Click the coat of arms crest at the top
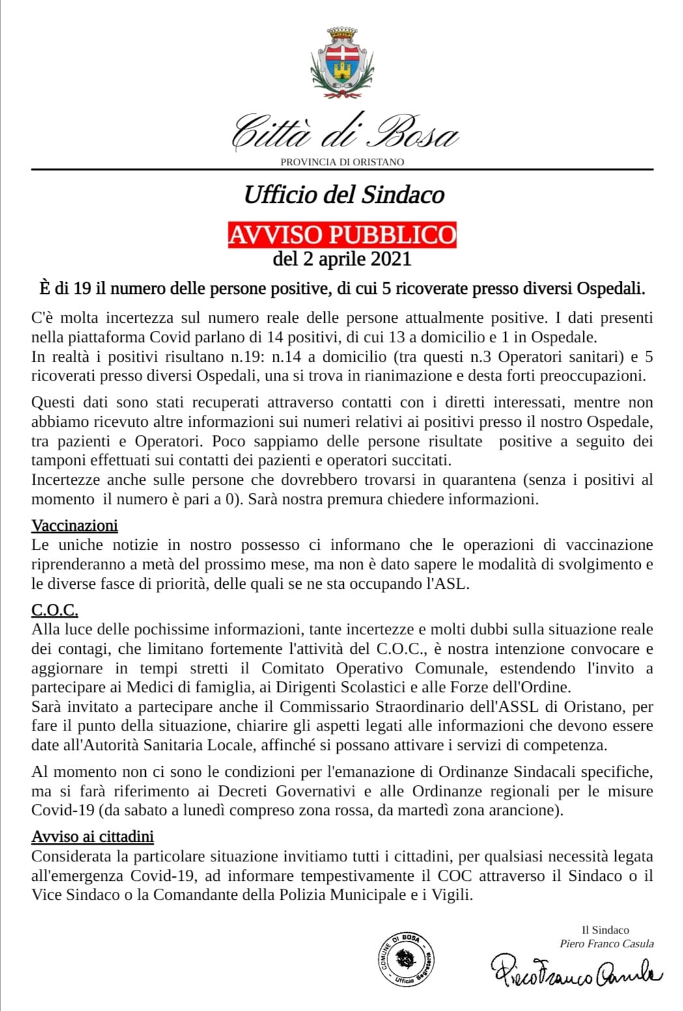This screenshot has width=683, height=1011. [x=342, y=62]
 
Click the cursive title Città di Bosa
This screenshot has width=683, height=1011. [x=344, y=132]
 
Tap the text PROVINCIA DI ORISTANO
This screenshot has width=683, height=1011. [x=342, y=162]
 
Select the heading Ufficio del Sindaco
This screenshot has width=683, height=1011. [x=344, y=195]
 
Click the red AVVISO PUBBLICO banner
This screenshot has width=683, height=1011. [x=342, y=234]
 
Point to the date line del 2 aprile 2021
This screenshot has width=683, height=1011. [x=342, y=259]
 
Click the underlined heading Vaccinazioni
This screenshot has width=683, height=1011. [x=74, y=525]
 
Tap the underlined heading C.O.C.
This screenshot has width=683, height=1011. [x=55, y=610]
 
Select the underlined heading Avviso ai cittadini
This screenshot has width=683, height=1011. [x=92, y=836]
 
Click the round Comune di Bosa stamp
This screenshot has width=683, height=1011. [x=407, y=959]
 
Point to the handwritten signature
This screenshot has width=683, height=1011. [x=576, y=973]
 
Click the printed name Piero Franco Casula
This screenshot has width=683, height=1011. [x=606, y=943]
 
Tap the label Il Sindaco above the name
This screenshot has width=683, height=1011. [x=605, y=930]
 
